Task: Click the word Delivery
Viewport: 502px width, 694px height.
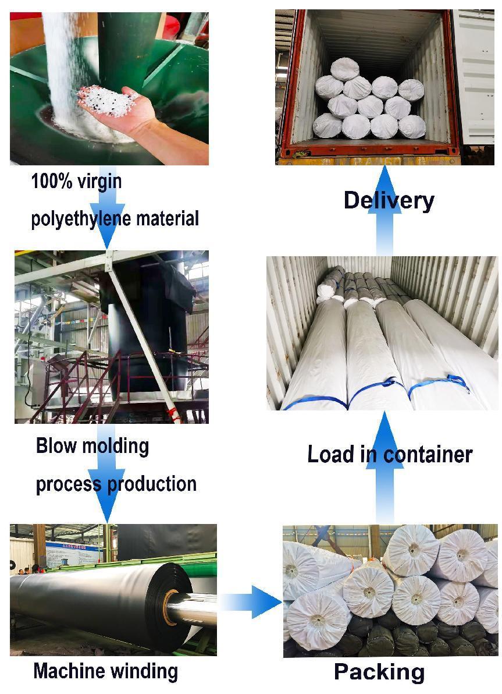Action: point(389,200)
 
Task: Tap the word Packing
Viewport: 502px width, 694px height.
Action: point(379,672)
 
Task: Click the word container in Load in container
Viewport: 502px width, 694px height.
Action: point(428,455)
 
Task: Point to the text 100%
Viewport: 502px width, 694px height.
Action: point(52,182)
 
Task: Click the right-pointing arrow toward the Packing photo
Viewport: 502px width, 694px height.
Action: point(251,601)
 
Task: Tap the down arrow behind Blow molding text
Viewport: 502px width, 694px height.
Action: point(106,473)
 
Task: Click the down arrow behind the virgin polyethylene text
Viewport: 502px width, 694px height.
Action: point(106,207)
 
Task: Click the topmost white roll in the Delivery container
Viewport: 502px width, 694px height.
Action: point(344,69)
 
